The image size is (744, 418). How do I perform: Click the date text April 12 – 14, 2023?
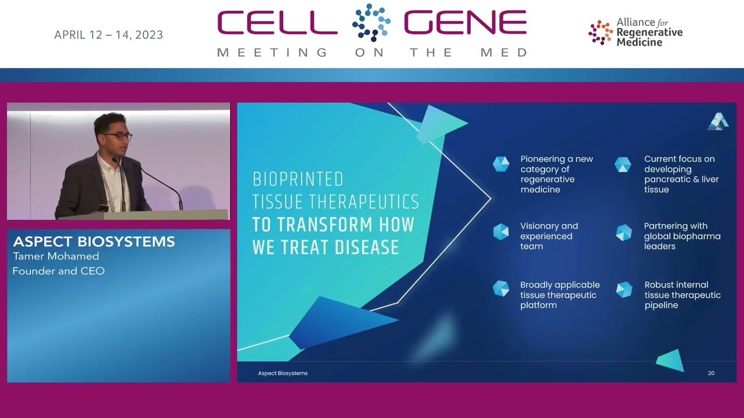[108, 35]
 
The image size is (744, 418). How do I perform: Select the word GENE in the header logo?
[465, 23]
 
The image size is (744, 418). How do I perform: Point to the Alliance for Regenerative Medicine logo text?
[649, 32]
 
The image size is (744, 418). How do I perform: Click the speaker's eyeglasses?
[118, 136]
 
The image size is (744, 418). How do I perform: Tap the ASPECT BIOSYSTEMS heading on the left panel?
[94, 242]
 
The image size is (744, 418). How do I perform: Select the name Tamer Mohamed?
[56, 256]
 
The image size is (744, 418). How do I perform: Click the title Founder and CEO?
[58, 271]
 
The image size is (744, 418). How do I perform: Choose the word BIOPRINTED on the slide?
[298, 179]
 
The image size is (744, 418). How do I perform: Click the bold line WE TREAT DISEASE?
[325, 247]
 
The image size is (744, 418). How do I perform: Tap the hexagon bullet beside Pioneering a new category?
[501, 164]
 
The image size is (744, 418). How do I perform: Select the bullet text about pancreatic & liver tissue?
[681, 174]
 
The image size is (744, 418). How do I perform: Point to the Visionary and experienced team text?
[549, 236]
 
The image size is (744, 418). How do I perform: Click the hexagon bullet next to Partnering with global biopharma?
[624, 232]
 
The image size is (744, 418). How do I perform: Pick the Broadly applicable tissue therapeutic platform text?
[559, 295]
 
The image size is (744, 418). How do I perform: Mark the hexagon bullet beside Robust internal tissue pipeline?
[624, 290]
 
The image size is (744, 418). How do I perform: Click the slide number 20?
[711, 373]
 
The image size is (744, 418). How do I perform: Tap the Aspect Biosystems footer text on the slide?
[282, 373]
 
